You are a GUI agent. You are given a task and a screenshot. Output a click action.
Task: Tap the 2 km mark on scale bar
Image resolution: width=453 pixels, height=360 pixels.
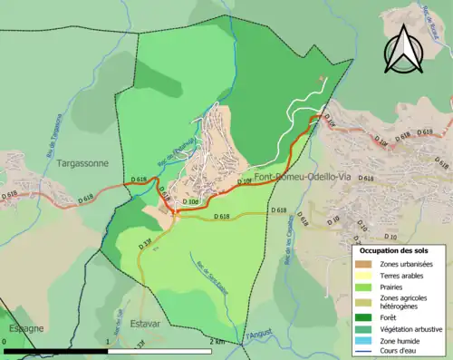tap(216, 341)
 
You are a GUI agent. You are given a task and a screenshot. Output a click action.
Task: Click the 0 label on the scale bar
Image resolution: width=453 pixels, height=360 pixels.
tap(6, 341)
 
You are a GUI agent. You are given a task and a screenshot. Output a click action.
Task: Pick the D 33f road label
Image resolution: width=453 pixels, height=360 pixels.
tap(146, 242)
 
